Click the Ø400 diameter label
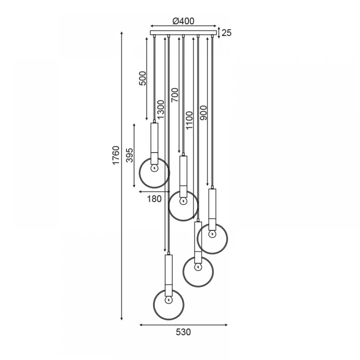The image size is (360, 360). [x=183, y=21]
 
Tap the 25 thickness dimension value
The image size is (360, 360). [x=226, y=33]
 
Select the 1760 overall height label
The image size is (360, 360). [x=116, y=155]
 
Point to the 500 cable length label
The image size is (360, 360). [x=142, y=78]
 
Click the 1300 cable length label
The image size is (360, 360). [x=161, y=109]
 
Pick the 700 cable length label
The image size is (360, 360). [x=175, y=95]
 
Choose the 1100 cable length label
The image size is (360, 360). [x=189, y=121]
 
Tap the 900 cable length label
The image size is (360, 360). [x=203, y=113]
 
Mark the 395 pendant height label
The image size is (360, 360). [x=130, y=155]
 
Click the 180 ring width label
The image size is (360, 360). [x=154, y=199]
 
